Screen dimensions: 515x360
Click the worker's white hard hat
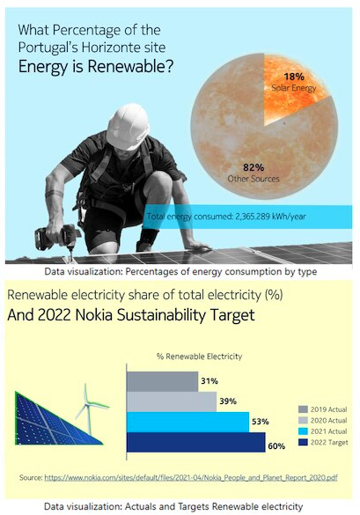pyautogui.click(x=132, y=127)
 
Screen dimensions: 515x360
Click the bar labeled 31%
pyautogui.click(x=163, y=381)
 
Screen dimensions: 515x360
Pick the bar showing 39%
pyautogui.click(x=172, y=401)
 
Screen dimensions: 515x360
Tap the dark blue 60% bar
pyautogui.click(x=195, y=442)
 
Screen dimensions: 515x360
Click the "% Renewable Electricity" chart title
pyautogui.click(x=199, y=357)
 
